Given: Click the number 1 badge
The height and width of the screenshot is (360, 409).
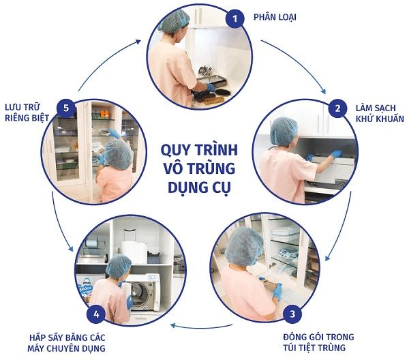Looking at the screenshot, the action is click(x=235, y=18).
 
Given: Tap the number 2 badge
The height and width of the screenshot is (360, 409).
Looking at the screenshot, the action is click(x=337, y=108).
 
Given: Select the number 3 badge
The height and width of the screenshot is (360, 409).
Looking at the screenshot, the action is click(x=292, y=314).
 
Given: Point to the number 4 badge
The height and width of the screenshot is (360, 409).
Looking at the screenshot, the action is click(x=96, y=314).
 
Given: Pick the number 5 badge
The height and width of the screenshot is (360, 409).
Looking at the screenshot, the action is click(x=66, y=108).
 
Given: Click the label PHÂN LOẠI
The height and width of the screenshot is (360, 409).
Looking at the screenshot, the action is click(x=275, y=17).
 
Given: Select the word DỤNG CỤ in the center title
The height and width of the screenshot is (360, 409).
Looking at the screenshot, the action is click(x=200, y=187).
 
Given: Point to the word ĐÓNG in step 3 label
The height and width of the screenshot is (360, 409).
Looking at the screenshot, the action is click(x=297, y=337).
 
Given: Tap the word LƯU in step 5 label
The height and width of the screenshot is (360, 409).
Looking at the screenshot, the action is click(x=14, y=107).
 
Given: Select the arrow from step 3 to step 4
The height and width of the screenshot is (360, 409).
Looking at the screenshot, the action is click(x=201, y=327).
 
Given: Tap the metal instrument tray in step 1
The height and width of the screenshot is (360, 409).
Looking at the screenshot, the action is click(x=209, y=81).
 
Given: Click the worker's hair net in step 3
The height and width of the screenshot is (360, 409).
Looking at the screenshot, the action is click(x=244, y=245).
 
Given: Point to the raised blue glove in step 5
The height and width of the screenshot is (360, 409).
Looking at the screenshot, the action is click(x=114, y=134).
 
